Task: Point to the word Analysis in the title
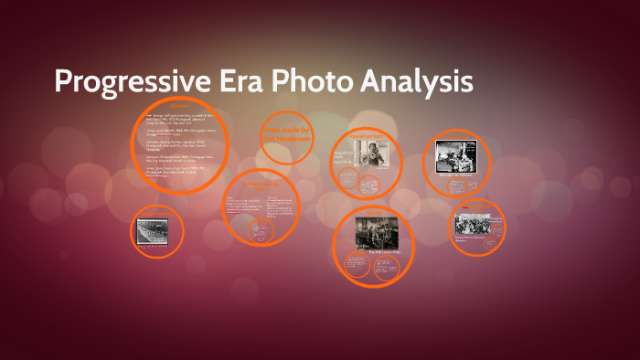click(420, 82)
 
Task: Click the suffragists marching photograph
click(156, 232)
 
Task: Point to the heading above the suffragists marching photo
click(156, 213)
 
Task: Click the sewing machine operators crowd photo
click(477, 223)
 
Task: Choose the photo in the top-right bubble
click(457, 155)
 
